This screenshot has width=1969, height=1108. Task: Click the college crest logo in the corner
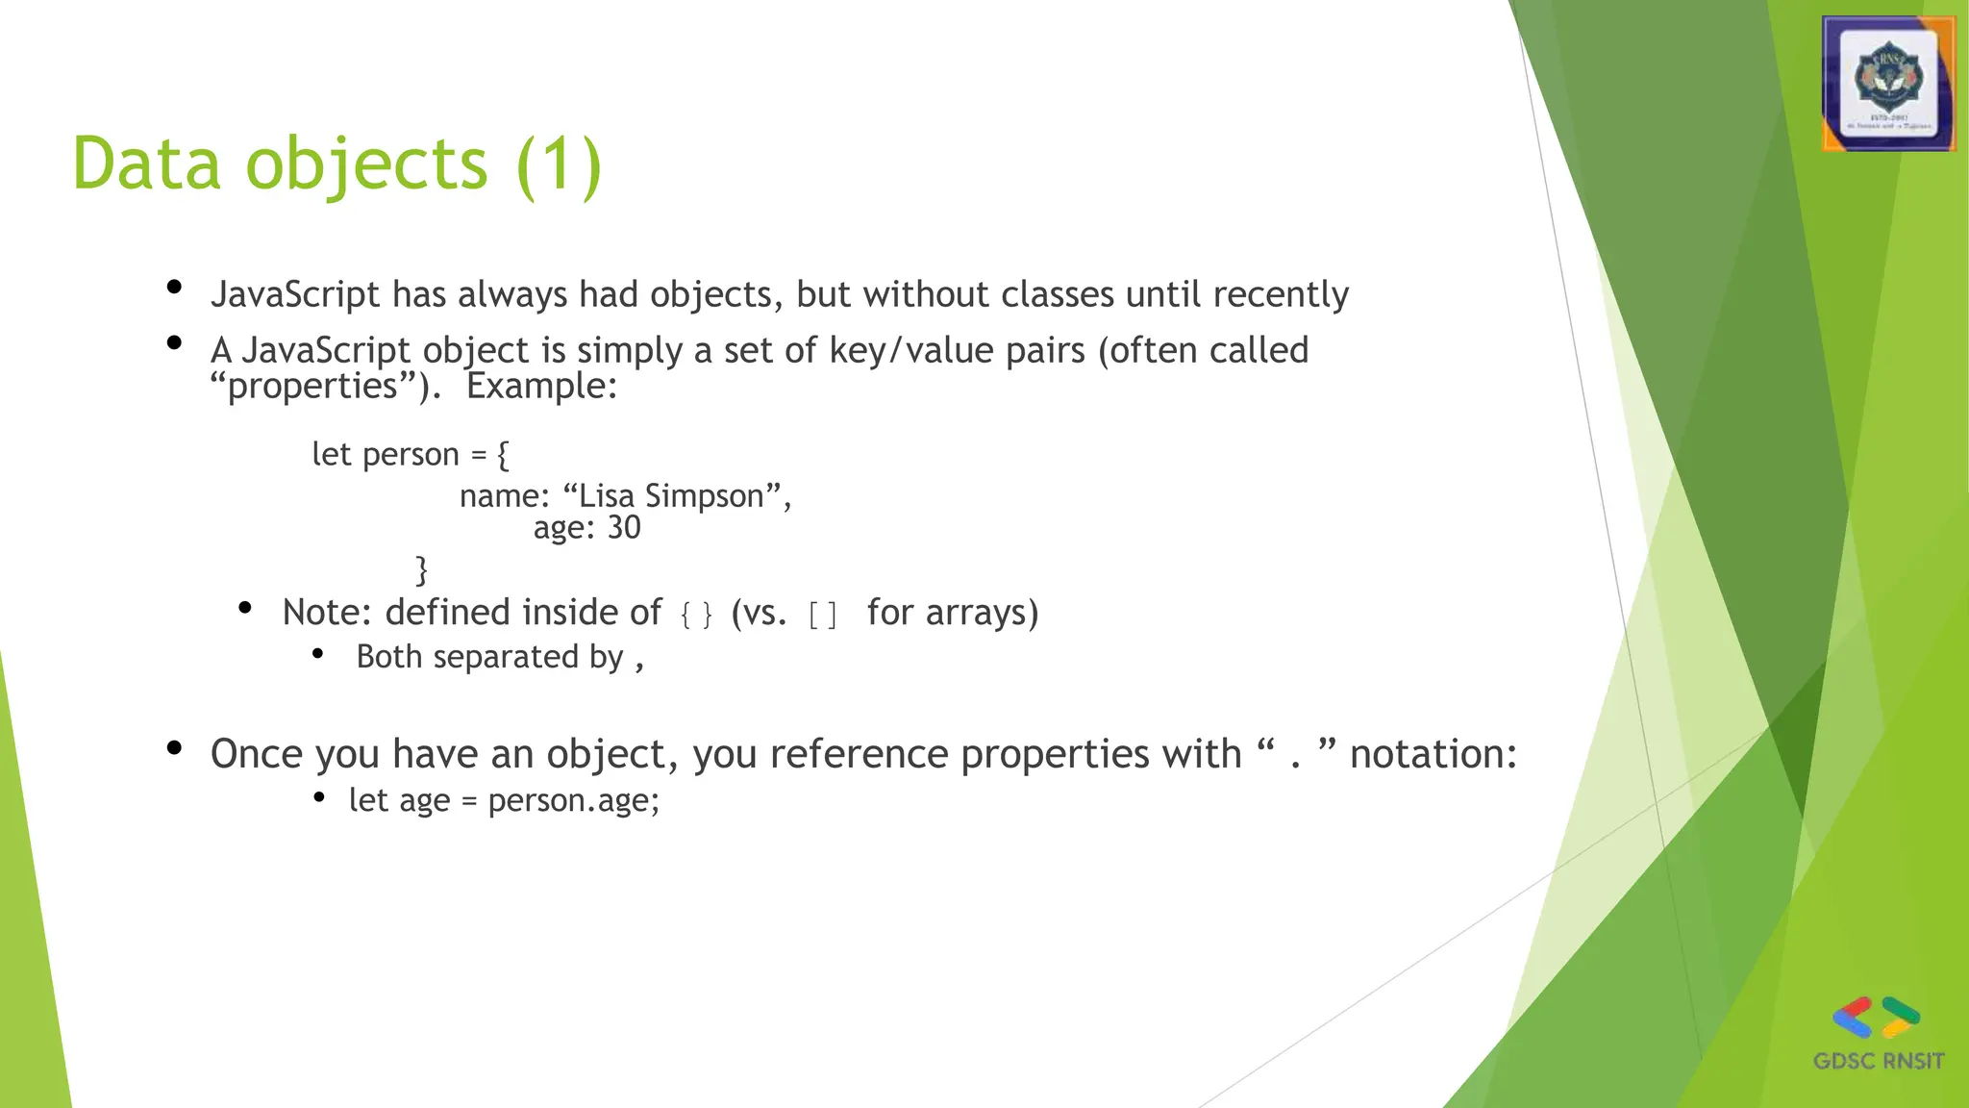coord(1888,85)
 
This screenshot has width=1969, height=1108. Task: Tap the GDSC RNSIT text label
coord(1879,1061)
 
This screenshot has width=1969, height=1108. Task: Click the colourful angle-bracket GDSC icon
coord(1876,1018)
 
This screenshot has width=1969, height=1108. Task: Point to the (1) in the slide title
coord(559,165)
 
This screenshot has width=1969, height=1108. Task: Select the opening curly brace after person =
coord(503,454)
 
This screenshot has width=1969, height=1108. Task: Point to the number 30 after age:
coord(624,528)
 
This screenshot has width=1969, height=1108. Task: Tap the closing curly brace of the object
coord(421,569)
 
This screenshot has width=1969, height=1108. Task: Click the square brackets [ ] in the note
coord(823,614)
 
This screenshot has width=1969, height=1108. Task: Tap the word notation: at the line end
coord(1433,754)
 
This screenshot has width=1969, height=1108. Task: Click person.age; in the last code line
coord(574,800)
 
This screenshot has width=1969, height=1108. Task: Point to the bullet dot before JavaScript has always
coord(174,287)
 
